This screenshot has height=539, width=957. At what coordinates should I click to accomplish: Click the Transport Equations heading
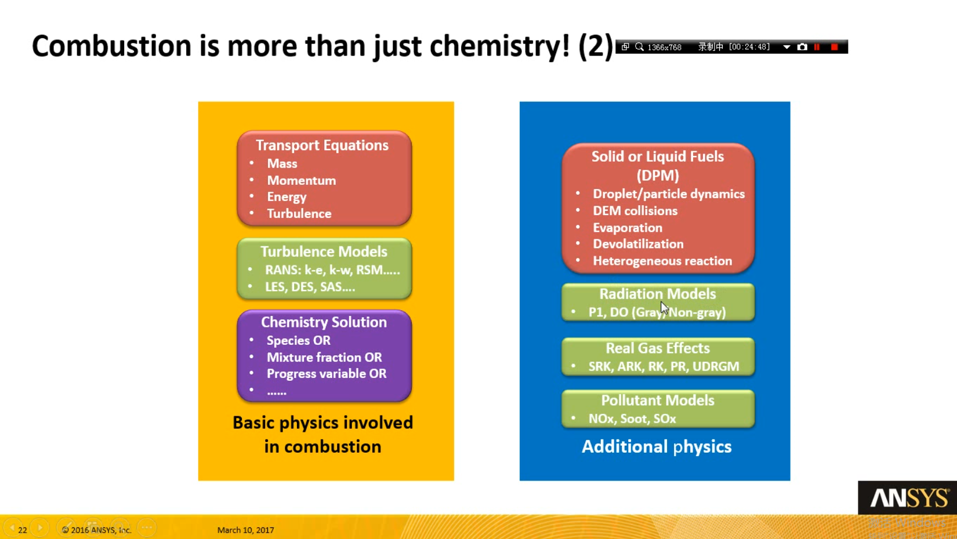click(x=322, y=145)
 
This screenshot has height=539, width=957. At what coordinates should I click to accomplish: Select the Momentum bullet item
click(x=301, y=180)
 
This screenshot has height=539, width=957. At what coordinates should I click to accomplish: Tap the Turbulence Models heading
click(x=324, y=252)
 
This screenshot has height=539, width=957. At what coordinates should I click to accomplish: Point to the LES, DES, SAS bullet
click(x=310, y=287)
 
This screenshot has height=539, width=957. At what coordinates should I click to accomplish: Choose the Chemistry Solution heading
click(x=324, y=322)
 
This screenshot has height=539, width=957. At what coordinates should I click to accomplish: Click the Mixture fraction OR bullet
click(x=324, y=357)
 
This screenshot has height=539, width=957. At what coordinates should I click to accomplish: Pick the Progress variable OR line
click(x=327, y=374)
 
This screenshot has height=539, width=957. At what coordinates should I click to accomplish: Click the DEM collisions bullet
click(x=635, y=211)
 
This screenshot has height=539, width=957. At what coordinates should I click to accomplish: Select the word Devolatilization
click(x=638, y=244)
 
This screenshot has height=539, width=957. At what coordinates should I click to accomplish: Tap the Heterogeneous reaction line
click(x=662, y=261)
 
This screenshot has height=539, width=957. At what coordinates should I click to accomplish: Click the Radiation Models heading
click(x=658, y=294)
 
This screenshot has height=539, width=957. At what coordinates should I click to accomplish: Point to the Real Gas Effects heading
click(x=658, y=348)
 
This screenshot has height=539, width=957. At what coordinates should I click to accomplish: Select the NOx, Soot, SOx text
click(x=632, y=418)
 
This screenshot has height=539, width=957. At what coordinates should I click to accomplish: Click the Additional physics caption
click(x=656, y=447)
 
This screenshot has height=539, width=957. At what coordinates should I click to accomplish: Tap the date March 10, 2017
click(x=246, y=530)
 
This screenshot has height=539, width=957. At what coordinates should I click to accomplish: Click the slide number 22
click(x=23, y=530)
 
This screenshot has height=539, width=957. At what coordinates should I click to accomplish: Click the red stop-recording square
click(x=835, y=47)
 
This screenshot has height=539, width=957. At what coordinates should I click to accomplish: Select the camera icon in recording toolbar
click(x=802, y=47)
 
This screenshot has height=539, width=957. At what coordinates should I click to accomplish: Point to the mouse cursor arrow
click(x=664, y=308)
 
